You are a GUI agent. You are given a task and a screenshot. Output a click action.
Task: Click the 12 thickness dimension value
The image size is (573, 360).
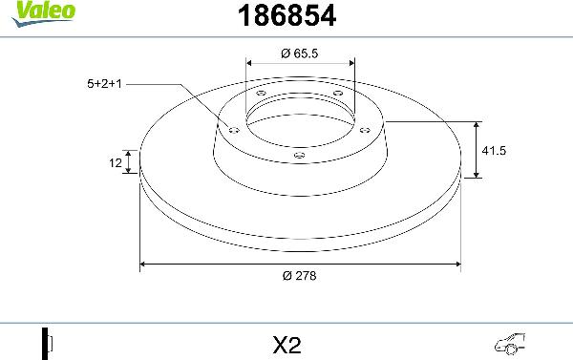click(114, 163)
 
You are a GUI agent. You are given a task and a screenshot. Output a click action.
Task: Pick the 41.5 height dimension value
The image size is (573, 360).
click(494, 150)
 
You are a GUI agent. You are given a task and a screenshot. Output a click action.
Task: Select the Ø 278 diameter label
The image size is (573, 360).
click(300, 275)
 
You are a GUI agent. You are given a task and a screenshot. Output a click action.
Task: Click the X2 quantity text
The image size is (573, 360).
click(286, 343)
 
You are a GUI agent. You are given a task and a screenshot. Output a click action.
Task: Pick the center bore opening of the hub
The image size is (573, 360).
click(300, 119)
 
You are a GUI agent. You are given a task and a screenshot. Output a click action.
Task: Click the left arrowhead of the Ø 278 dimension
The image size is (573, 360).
click(145, 263)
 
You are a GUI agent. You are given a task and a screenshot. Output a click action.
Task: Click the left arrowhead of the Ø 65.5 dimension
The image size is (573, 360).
click(250, 65)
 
